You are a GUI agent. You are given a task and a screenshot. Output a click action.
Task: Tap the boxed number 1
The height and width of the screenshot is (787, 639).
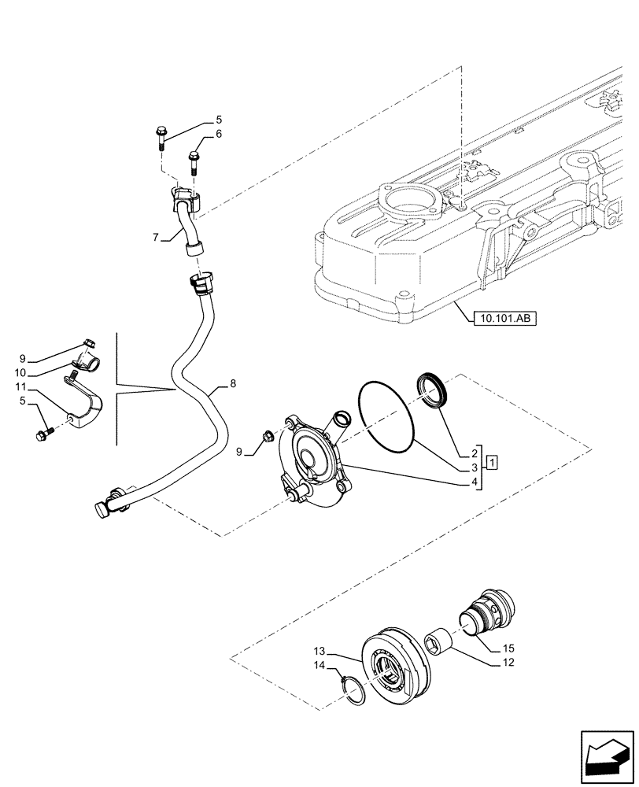[491, 460]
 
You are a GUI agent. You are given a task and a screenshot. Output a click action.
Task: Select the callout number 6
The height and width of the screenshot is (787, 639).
[218, 134]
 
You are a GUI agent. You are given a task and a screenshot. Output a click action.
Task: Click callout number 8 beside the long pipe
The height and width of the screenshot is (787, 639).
[232, 383]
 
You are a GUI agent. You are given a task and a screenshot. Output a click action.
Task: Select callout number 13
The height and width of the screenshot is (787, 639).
[319, 652]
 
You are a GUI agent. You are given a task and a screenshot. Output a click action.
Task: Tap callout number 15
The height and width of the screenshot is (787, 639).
[509, 648]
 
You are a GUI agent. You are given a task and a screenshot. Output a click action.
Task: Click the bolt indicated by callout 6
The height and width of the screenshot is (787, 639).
[194, 164]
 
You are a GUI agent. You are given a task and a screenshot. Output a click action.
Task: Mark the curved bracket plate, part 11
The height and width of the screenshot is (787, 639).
[87, 405]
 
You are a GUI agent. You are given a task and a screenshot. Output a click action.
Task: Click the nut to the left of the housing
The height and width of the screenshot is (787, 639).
[266, 437]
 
